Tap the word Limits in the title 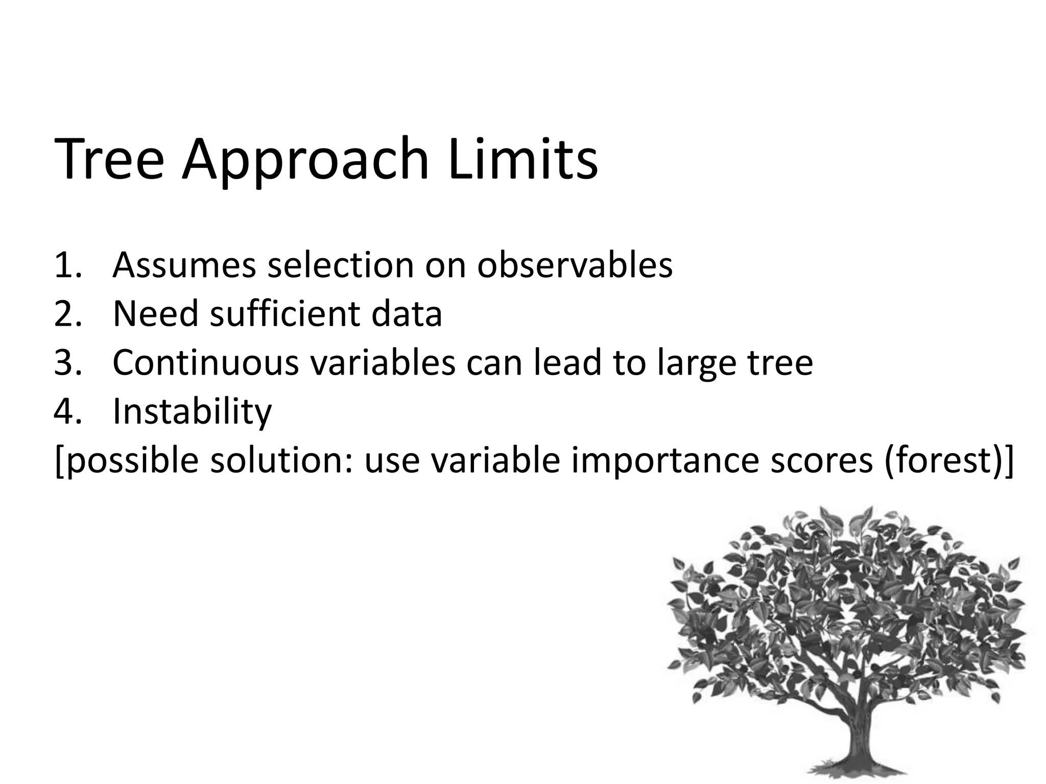523,159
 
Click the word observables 575,265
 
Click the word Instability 192,411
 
